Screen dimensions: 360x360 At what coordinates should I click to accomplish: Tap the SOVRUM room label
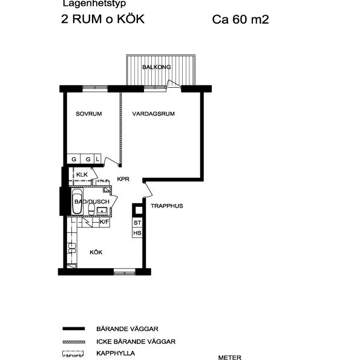[x=88, y=114]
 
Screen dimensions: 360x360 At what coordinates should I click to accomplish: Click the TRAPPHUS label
[x=167, y=206]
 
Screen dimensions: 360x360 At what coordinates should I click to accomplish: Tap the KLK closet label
[x=82, y=175]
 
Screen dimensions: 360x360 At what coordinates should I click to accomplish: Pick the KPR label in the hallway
[x=124, y=179]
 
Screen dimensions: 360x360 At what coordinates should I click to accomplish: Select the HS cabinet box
[x=137, y=233]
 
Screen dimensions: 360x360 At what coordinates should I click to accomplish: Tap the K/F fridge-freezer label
[x=104, y=222]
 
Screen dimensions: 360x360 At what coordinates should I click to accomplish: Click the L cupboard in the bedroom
[x=97, y=159]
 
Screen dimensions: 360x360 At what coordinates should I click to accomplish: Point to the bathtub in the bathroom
[x=77, y=203]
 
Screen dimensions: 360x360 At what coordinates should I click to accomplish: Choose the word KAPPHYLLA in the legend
[x=115, y=353]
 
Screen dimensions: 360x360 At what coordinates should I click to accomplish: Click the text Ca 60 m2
[x=240, y=19]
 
